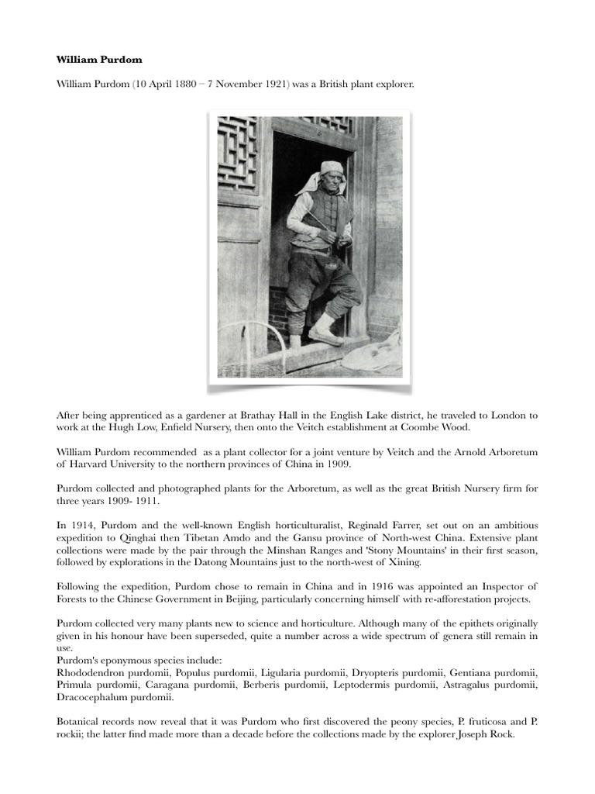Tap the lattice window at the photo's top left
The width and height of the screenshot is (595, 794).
237,155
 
